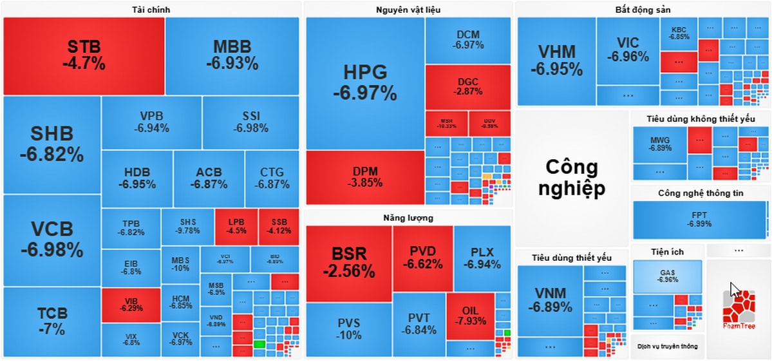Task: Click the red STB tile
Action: pos(84,55)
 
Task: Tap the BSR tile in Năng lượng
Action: pos(349,263)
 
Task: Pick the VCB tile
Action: pos(52,240)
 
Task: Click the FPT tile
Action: pos(699,220)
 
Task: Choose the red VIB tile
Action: pos(131,305)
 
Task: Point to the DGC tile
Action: pos(467,87)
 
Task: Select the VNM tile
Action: pos(551,300)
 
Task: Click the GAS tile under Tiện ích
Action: pos(666,276)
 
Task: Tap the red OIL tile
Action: pos(470,316)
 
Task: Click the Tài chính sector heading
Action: pos(151,10)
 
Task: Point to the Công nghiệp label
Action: pos(572,177)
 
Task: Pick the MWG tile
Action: pos(660,144)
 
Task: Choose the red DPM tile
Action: pos(365,176)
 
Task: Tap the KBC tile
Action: pos(679,33)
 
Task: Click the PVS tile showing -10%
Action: pos(349,329)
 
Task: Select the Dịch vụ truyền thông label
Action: pos(667,347)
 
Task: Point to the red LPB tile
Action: pos(236,227)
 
